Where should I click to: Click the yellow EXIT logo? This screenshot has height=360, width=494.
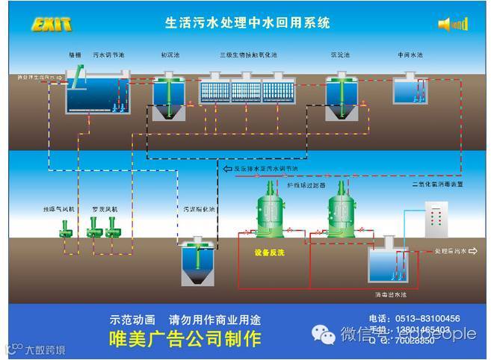(52, 25)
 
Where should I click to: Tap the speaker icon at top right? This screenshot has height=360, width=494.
(451, 25)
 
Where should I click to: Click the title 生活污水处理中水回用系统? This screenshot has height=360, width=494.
(247, 23)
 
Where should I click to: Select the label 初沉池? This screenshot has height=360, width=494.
(169, 55)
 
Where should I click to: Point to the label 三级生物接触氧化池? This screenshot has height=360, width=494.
(248, 55)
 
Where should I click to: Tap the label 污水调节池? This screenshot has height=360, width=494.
(108, 55)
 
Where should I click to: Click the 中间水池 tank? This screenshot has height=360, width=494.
(410, 90)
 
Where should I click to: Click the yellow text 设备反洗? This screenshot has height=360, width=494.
(270, 253)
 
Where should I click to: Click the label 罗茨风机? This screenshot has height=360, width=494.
(104, 209)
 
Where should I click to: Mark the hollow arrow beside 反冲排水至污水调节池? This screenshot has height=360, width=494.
(227, 169)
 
